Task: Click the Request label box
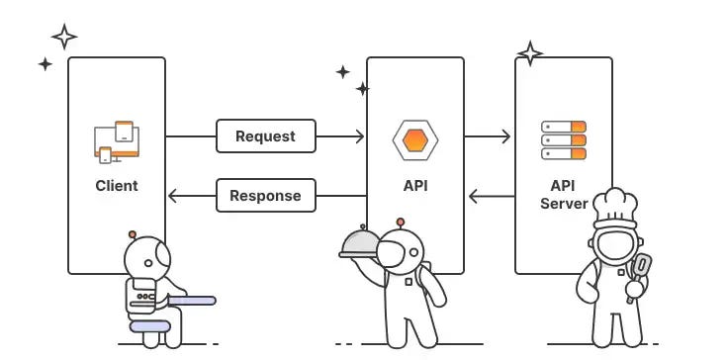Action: tap(265, 136)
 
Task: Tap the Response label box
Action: tap(265, 196)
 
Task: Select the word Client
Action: tap(117, 185)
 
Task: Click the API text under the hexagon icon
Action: tap(414, 185)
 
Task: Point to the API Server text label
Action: tap(563, 194)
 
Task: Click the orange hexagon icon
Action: tap(414, 139)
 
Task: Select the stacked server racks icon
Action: tap(564, 140)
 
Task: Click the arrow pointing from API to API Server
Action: tap(488, 137)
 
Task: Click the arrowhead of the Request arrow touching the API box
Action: tap(359, 137)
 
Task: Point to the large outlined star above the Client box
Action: tap(64, 37)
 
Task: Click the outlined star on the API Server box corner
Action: tap(530, 52)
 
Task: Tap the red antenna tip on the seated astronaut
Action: tap(132, 236)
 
